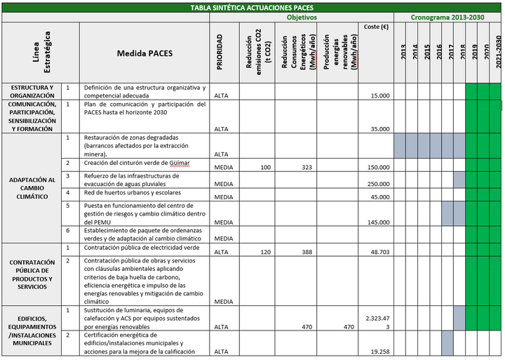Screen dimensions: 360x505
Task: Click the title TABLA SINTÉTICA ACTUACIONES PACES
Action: click(252, 8)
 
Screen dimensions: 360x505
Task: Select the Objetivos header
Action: click(302, 17)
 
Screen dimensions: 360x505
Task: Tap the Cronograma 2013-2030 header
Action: click(447, 17)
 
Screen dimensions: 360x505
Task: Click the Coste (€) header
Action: click(377, 27)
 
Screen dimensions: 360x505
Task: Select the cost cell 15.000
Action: click(380, 95)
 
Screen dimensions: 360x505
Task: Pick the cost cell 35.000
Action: click(380, 129)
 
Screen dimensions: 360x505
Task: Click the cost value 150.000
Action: click(378, 167)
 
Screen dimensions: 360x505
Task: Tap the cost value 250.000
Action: click(378, 184)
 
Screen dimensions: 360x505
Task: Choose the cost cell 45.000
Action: click(380, 197)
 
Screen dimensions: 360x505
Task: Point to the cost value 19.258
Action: click(380, 351)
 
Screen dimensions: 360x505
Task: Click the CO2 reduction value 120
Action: click(266, 252)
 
